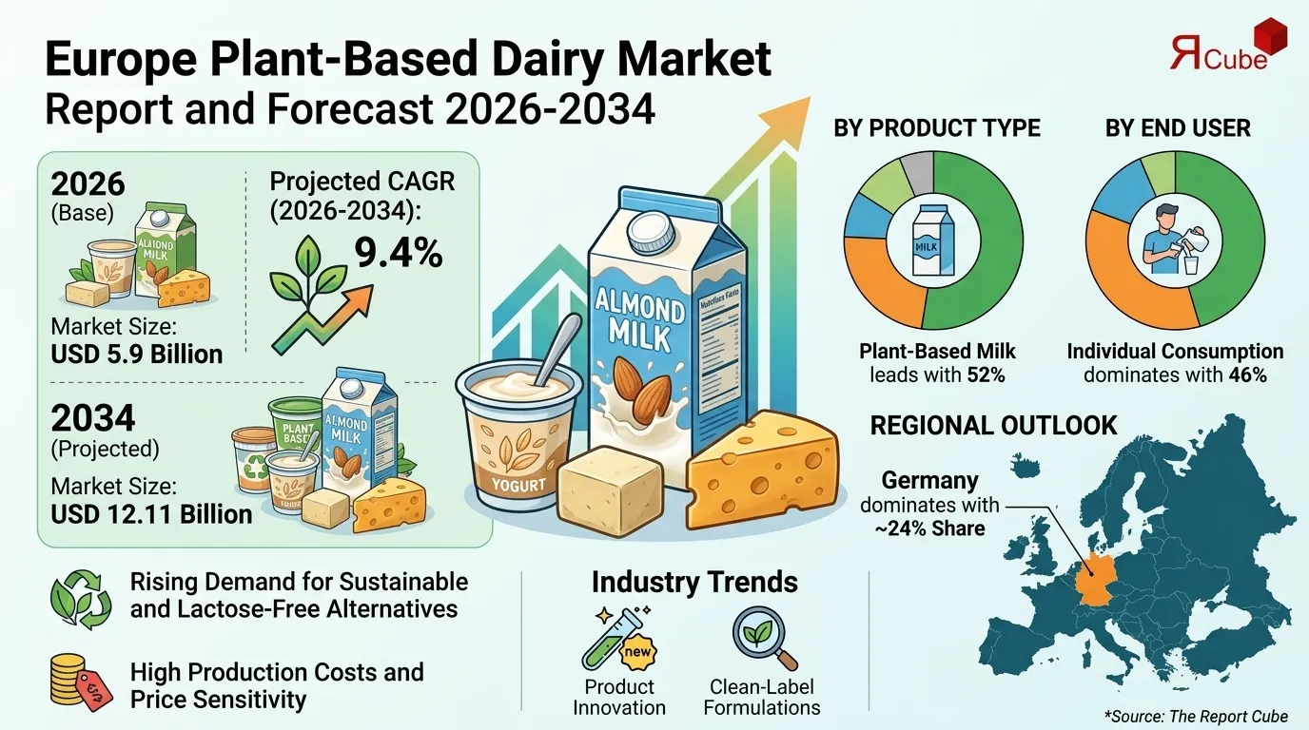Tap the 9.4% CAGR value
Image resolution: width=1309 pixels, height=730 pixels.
coord(398,254)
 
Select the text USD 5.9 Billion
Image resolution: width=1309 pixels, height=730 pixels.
coord(137,354)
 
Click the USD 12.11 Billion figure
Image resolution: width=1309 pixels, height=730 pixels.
coord(152,514)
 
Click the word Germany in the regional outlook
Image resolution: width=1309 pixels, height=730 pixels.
coord(929,481)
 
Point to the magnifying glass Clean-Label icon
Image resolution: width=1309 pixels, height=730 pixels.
coord(764,638)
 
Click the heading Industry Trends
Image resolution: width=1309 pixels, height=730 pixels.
coord(694,583)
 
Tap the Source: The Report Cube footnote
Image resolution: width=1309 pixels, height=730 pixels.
coord(1196,716)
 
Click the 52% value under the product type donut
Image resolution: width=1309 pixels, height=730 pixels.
coord(986,375)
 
